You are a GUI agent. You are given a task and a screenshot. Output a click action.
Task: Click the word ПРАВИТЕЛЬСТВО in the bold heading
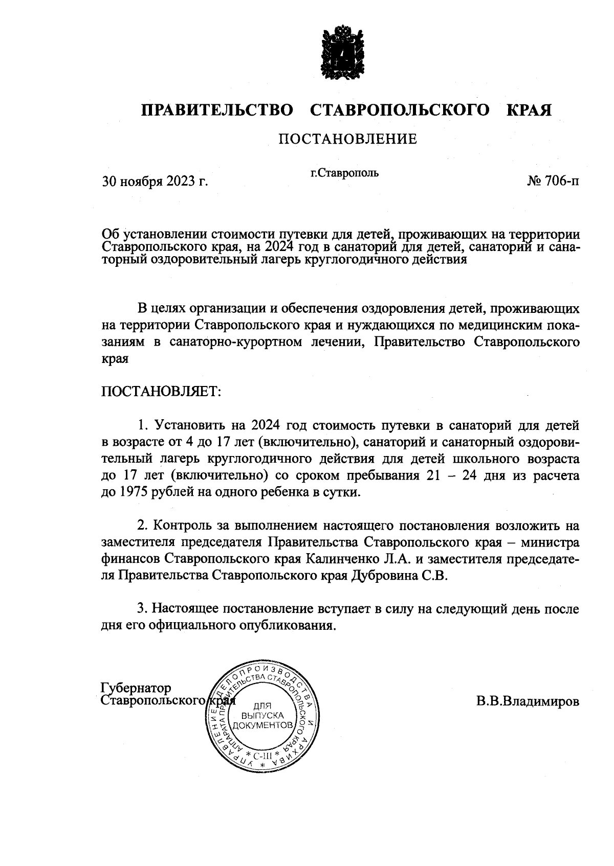tap(217, 110)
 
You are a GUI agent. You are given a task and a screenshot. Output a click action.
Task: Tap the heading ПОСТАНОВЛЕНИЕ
tap(347, 139)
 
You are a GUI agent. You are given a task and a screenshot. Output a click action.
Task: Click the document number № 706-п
tap(553, 181)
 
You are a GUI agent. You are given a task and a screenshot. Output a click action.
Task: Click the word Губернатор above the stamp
tap(136, 688)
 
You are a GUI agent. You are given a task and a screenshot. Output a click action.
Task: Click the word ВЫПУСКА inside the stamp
tap(262, 715)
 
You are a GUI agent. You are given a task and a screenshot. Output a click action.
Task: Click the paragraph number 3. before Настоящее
tap(142, 609)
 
